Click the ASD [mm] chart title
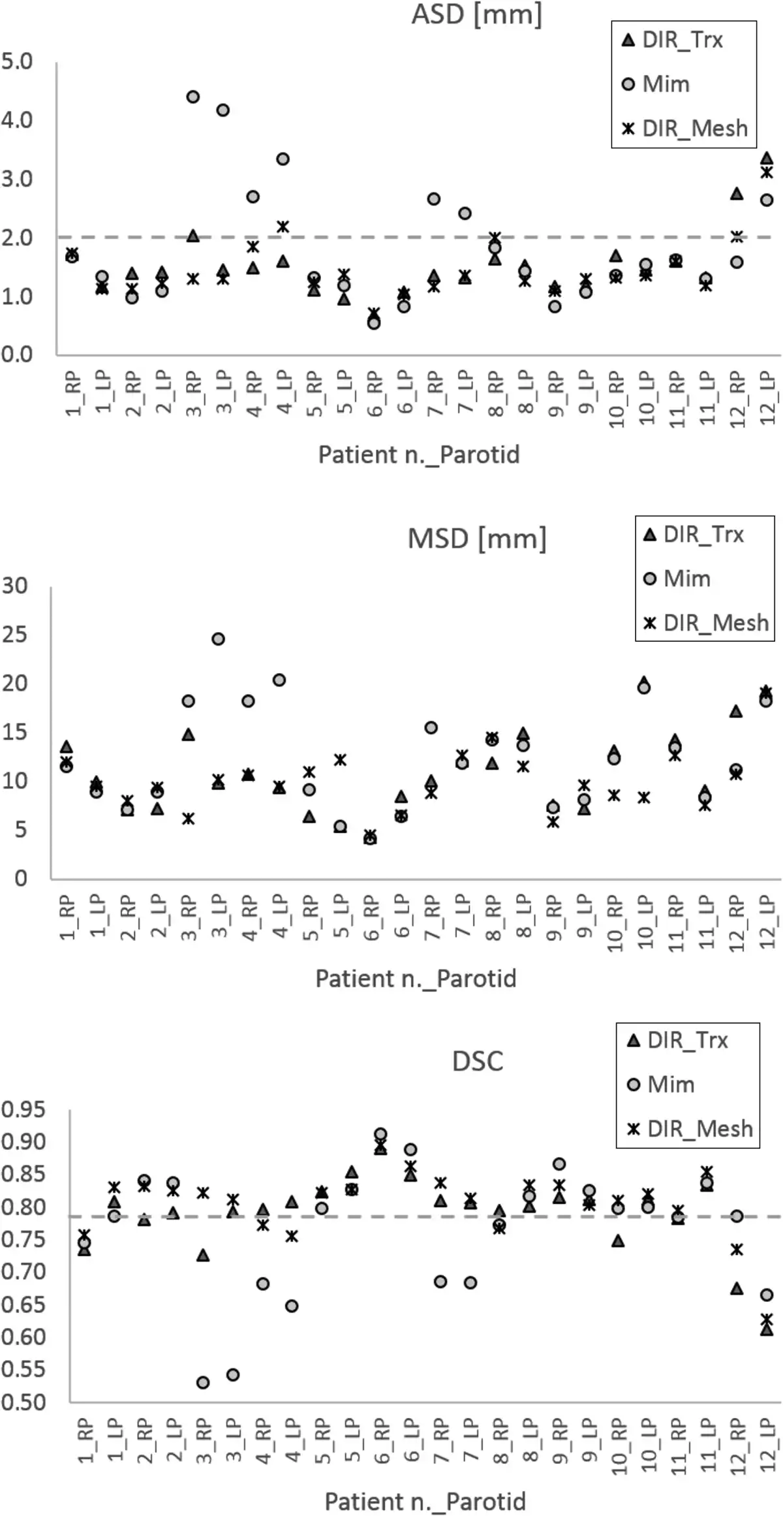click(476, 14)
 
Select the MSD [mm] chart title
click(476, 539)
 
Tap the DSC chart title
click(478, 1062)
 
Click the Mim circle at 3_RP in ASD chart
click(193, 97)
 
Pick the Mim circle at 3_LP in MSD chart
click(219, 639)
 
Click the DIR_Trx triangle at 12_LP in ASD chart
click(767, 158)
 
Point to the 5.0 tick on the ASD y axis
click(17, 62)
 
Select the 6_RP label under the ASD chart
click(374, 394)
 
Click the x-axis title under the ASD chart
click(418, 455)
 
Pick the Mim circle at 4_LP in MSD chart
click(279, 680)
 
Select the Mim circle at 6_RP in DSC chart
click(380, 1134)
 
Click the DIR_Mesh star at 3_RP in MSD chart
click(189, 819)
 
